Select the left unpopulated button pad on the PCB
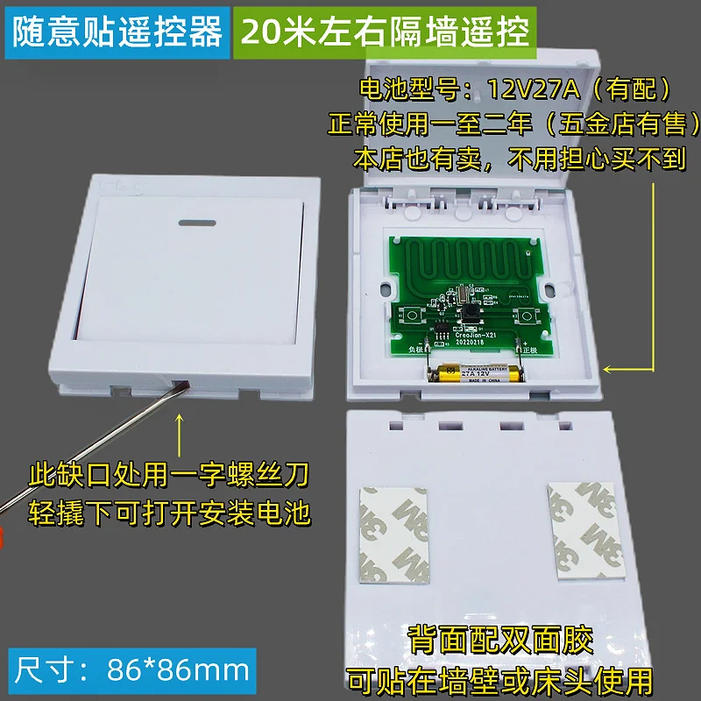point(412,316)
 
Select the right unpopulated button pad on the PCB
point(528,315)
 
